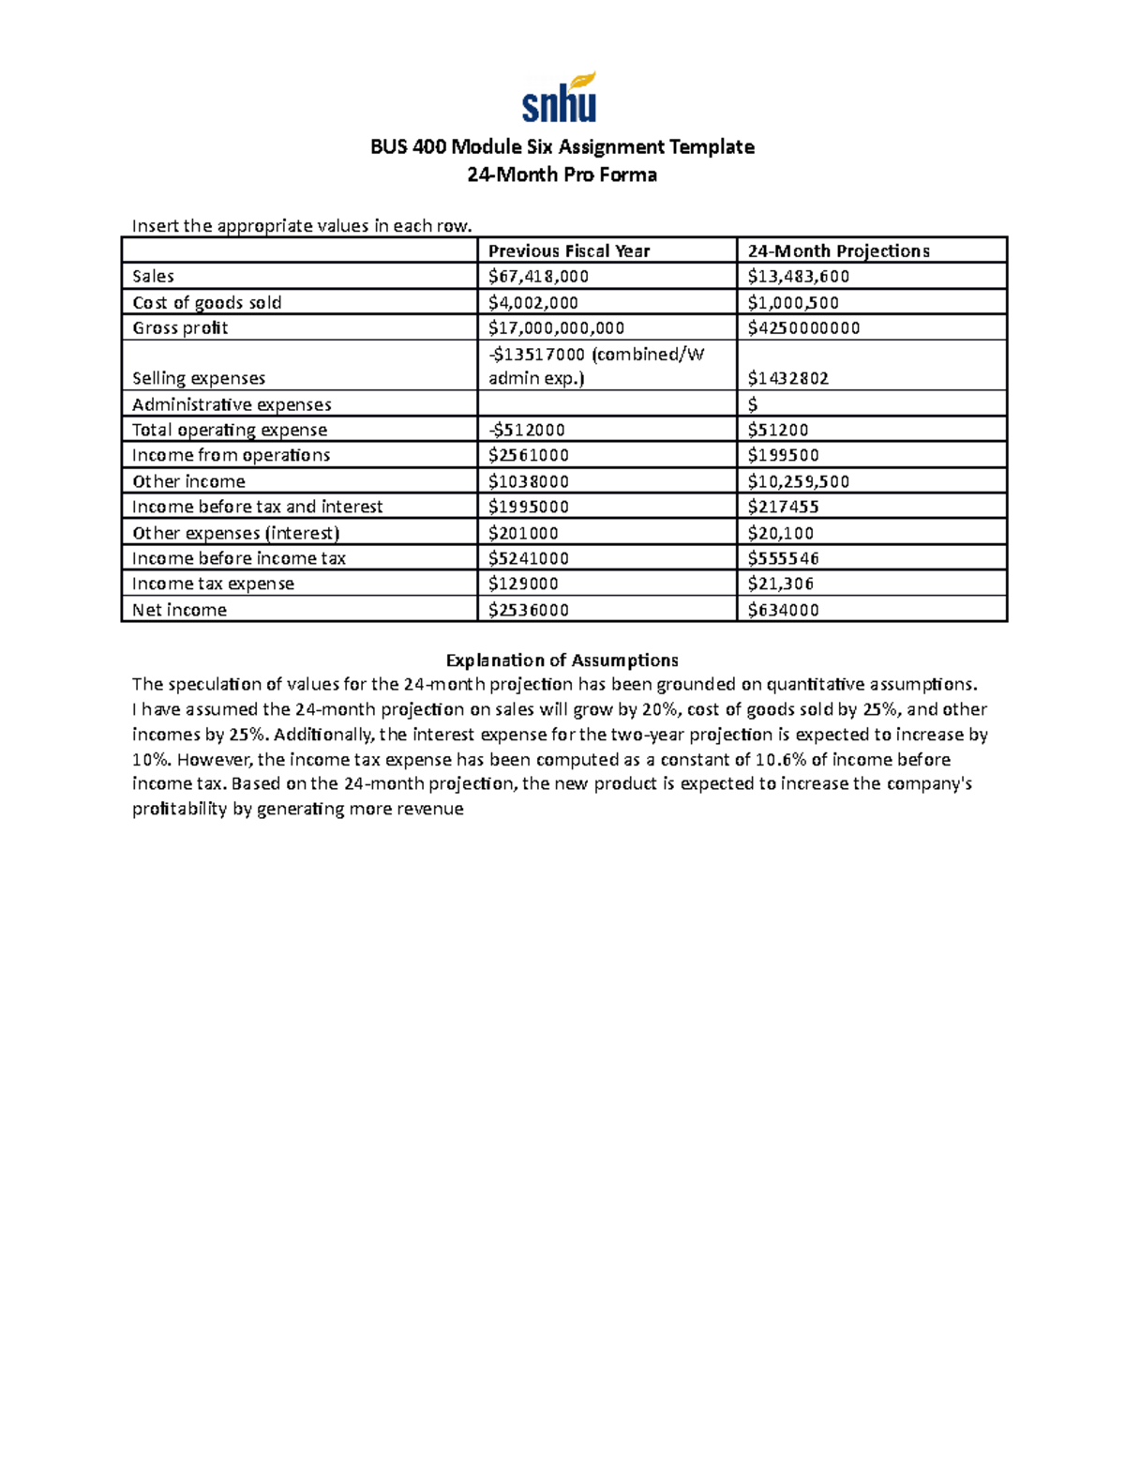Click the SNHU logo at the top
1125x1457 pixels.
(560, 99)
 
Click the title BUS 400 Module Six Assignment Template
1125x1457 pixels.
(562, 147)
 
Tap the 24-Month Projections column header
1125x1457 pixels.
(838, 250)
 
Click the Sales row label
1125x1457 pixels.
(153, 276)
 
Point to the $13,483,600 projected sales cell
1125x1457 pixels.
(799, 276)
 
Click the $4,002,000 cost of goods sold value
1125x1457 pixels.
(533, 302)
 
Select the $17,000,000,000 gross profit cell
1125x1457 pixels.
(557, 327)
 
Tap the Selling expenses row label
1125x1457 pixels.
(199, 378)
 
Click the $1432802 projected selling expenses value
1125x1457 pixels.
(788, 378)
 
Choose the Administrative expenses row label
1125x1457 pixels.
(232, 404)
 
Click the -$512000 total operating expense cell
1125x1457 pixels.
(527, 430)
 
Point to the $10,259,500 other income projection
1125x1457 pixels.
(799, 481)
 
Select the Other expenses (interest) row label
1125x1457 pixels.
(235, 533)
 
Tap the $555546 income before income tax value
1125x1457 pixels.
(784, 558)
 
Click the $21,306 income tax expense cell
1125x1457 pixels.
(781, 584)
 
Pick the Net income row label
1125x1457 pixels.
(179, 610)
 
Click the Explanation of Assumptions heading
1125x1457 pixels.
(562, 660)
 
